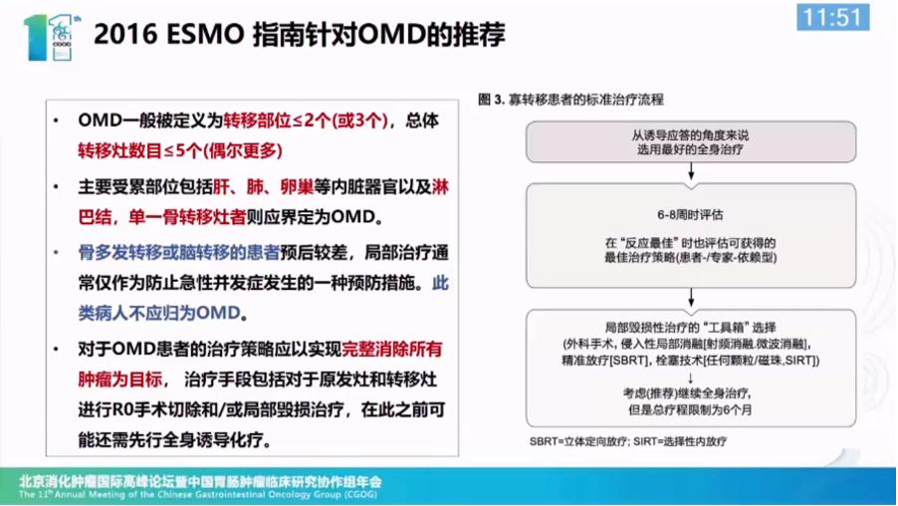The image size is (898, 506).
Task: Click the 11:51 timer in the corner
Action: [x=833, y=18]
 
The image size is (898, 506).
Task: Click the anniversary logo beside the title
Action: [x=44, y=36]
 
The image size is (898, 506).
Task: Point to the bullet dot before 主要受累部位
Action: [x=62, y=186]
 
